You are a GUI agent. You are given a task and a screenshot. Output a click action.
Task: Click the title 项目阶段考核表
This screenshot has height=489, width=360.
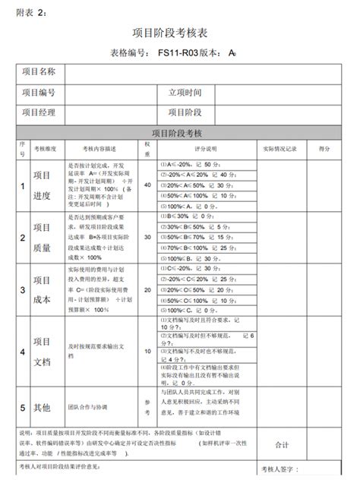click(x=179, y=33)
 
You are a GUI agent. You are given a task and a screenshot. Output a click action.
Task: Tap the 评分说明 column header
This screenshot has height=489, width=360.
click(x=205, y=149)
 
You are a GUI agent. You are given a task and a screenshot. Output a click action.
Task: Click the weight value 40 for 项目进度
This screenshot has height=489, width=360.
click(x=147, y=185)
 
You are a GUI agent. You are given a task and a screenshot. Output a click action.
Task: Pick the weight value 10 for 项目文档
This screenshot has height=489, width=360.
click(x=147, y=351)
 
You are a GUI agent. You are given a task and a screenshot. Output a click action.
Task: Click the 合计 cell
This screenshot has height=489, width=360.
click(x=282, y=444)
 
